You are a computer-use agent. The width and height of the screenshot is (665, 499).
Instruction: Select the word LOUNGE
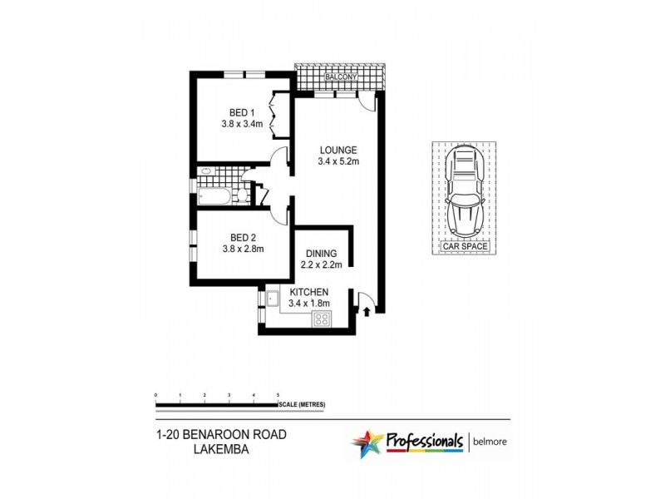338,151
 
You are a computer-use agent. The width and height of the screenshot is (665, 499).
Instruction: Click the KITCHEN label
309,292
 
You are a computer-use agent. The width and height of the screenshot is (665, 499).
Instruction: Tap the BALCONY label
340,77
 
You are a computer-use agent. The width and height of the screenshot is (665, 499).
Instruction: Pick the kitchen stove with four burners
319,324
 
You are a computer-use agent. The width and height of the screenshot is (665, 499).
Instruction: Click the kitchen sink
271,297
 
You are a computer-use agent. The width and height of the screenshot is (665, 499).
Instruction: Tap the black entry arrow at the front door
367,313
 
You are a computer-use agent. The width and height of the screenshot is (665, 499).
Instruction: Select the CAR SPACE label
465,247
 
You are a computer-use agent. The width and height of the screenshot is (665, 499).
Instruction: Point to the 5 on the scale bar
278,395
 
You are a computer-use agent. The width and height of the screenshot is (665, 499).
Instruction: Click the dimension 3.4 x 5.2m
338,161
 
